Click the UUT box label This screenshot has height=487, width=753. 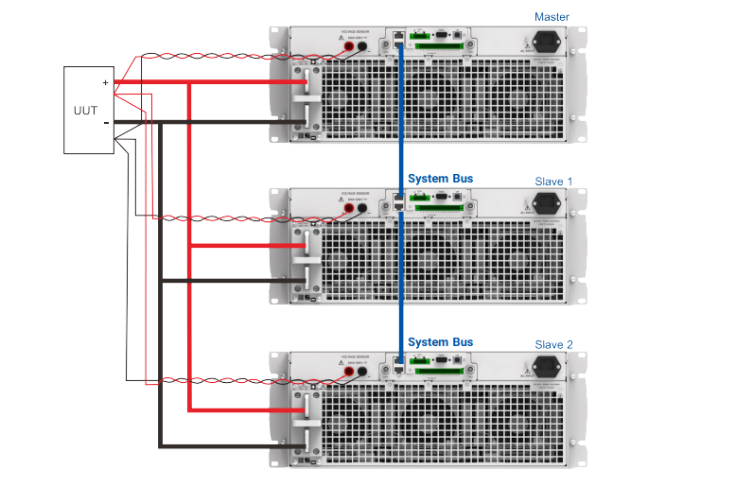pos(85,110)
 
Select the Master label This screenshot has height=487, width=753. pos(552,16)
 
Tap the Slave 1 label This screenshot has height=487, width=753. pos(553,181)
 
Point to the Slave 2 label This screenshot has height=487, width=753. pos(553,344)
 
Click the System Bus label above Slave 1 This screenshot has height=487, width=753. pos(440,178)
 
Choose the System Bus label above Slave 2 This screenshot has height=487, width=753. pos(440,342)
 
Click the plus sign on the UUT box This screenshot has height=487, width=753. pos(106,82)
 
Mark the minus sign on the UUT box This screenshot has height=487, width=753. pos(106,122)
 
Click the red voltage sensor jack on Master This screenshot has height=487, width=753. pos(349,46)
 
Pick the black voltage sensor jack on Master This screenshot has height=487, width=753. pos(364,46)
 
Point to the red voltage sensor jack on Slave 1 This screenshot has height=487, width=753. pos(349,209)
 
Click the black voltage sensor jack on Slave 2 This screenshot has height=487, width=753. pos(364,373)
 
